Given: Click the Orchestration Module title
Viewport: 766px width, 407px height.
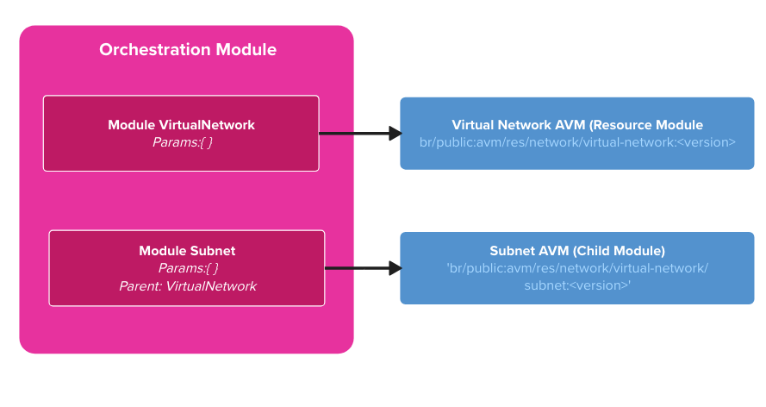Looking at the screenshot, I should tap(187, 50).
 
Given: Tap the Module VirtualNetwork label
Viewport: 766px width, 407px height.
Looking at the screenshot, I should tap(181, 125).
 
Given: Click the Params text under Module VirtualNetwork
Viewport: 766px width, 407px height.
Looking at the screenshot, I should tap(182, 141).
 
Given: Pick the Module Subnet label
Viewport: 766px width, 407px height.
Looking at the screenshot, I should tap(187, 251).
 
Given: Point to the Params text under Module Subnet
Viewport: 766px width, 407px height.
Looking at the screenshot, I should tap(188, 268).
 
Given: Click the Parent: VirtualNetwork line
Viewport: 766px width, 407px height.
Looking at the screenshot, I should tap(187, 285).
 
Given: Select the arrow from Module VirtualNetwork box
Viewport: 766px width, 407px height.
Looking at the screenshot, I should tap(353, 134).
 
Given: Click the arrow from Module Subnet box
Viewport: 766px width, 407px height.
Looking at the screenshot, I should tap(357, 268).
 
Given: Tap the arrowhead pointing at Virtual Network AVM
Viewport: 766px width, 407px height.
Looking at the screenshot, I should tap(395, 134).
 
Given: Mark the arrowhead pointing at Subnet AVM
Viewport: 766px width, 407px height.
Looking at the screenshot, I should tap(395, 268).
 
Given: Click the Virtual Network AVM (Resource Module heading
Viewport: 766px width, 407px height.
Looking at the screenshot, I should tap(577, 125).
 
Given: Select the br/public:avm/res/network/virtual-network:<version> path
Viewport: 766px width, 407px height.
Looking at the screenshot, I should tap(577, 141).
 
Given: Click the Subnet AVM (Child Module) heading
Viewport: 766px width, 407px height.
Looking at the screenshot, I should tap(577, 251).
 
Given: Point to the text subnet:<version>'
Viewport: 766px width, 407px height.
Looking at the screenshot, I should tap(577, 285).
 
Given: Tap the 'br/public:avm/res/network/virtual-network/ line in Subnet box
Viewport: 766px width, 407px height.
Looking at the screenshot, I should tap(577, 268).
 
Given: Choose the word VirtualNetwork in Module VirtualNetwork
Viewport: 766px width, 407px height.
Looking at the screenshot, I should tap(207, 125).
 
